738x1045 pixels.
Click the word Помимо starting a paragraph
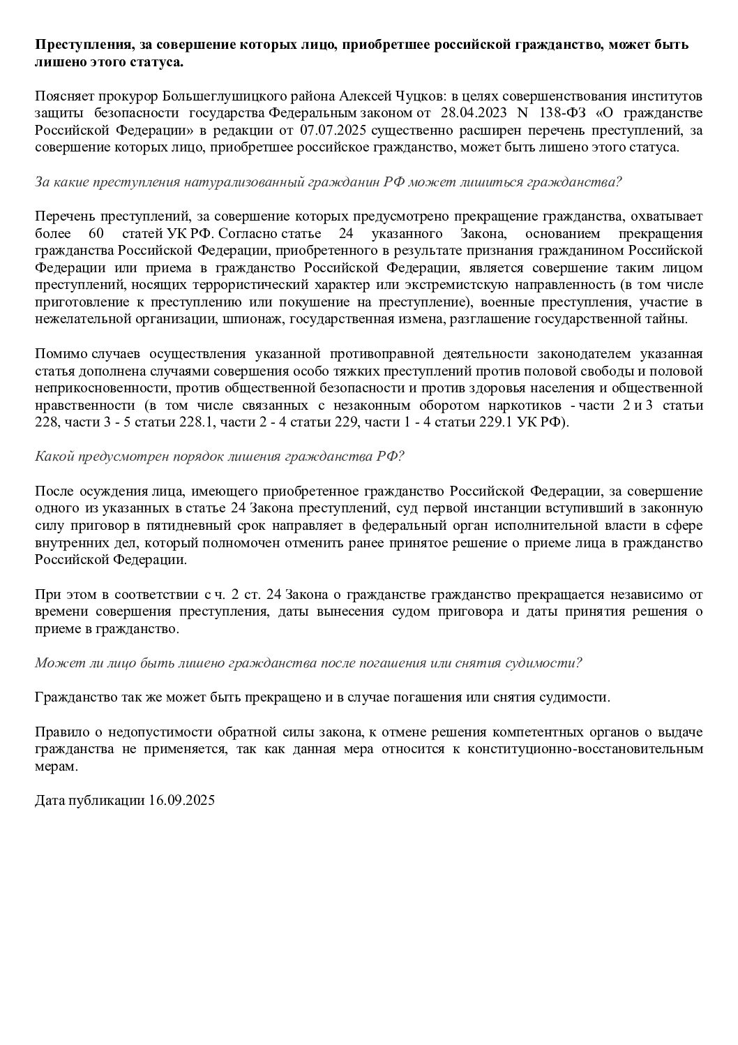pyautogui.click(x=57, y=353)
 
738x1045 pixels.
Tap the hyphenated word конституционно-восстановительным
pyautogui.click(x=597, y=749)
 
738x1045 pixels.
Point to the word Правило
pyautogui.click(x=59, y=732)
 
